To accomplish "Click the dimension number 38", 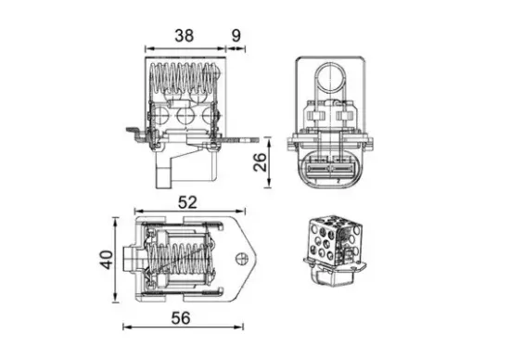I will (185, 36).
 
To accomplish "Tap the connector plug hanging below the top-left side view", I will (169, 171).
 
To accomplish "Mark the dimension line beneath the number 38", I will (185, 47).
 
